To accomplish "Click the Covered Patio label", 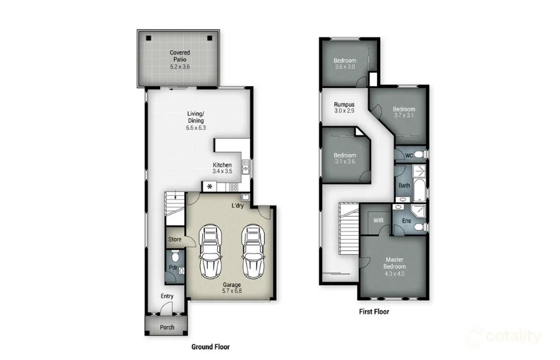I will click(179, 56).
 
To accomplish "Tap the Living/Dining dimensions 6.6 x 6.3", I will click(196, 128).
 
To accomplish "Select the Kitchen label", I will click(222, 165).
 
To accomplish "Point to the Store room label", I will click(175, 240).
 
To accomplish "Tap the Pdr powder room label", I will click(172, 268).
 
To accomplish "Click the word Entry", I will click(167, 296).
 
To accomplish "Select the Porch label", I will click(167, 328).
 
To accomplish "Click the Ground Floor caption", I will click(210, 347).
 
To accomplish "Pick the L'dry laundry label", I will click(238, 206).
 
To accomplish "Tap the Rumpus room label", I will click(344, 105).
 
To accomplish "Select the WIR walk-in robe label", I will click(379, 220).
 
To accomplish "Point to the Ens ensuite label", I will click(406, 221).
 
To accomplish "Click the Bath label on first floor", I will click(404, 186).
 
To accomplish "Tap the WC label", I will click(409, 155).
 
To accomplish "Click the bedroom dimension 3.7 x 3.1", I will click(404, 115).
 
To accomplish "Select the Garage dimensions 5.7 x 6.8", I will click(231, 291).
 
